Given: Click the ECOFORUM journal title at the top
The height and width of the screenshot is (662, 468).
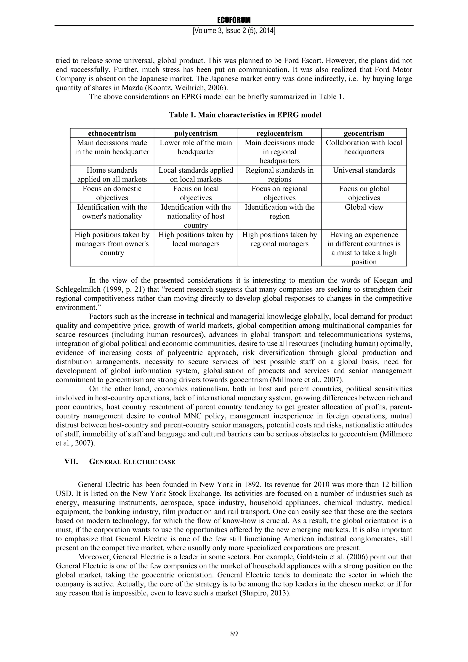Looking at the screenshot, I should (x=234, y=20).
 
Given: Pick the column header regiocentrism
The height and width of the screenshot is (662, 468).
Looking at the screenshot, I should (x=279, y=133).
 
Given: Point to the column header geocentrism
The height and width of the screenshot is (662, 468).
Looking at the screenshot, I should (x=364, y=133).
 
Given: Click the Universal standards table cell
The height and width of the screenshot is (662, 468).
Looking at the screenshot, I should (x=364, y=170).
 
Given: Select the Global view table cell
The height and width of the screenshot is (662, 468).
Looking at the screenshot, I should (x=364, y=207).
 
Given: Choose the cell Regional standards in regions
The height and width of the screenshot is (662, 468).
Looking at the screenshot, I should (x=279, y=174).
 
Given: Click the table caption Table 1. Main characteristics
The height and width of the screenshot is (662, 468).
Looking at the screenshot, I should (x=245, y=115).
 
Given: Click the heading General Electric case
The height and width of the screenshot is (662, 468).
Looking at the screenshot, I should (x=132, y=462).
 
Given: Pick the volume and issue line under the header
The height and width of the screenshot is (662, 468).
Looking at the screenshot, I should (x=234, y=31).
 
